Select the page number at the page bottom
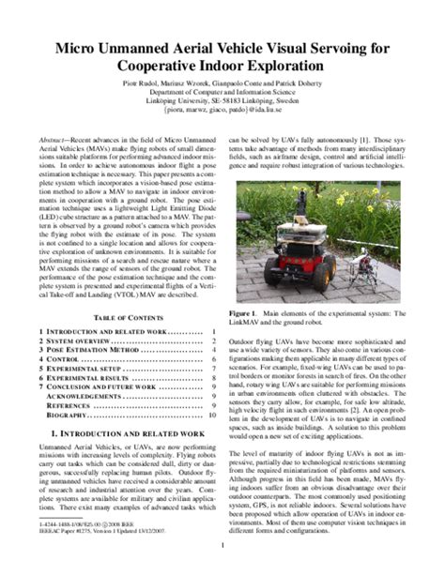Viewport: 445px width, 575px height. point(222,544)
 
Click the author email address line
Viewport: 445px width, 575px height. point(222,118)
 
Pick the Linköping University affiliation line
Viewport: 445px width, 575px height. point(222,109)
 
